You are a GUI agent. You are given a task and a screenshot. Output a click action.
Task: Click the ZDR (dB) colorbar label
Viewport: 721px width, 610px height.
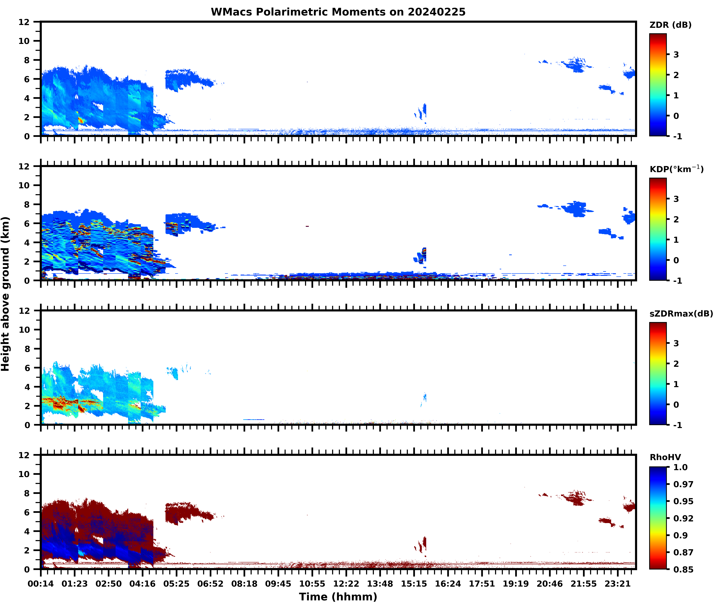(x=670, y=25)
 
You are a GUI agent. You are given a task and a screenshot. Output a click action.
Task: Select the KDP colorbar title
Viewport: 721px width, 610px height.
(x=676, y=169)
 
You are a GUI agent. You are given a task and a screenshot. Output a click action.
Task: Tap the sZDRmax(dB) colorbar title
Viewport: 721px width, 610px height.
(x=681, y=314)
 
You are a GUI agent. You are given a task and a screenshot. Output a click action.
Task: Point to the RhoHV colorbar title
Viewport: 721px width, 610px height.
(x=665, y=457)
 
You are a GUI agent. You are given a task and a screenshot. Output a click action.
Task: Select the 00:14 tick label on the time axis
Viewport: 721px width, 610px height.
(x=41, y=584)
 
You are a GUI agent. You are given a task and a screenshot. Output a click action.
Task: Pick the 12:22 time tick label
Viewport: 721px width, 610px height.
(x=346, y=584)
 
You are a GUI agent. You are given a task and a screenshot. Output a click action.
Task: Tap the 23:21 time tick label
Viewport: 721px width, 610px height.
(x=617, y=584)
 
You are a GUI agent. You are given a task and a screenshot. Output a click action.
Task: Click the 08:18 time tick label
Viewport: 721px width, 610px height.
(x=244, y=584)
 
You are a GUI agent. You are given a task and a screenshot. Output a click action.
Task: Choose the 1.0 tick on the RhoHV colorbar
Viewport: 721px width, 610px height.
(x=680, y=467)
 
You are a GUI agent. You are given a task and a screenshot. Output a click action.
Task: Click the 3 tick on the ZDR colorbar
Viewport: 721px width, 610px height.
(x=676, y=55)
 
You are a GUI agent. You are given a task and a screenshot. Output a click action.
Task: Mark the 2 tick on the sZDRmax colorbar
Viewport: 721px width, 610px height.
(x=676, y=364)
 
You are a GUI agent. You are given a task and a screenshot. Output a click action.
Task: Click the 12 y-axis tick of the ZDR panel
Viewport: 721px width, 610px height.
(x=24, y=22)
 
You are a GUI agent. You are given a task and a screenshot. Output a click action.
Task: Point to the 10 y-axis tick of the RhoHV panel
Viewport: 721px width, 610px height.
(x=24, y=474)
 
